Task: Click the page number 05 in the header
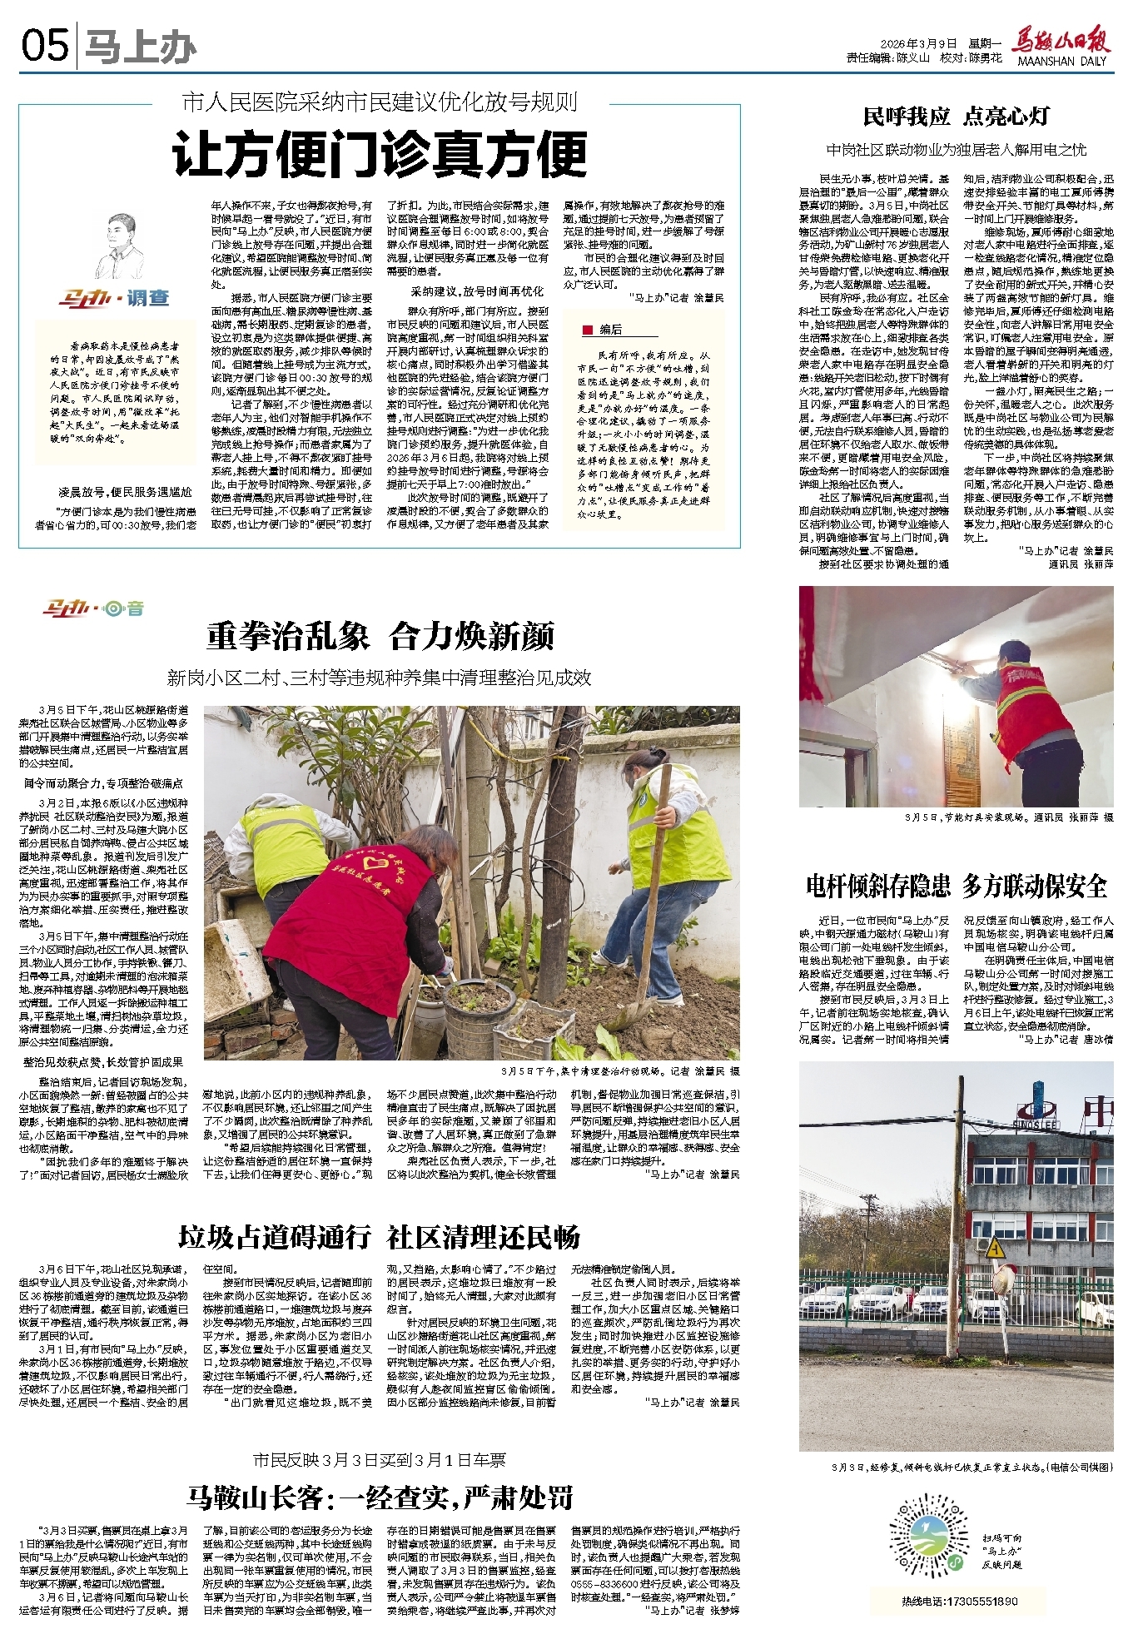pyautogui.click(x=45, y=47)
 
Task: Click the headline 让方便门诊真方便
pyautogui.click(x=380, y=155)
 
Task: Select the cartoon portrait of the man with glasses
pyautogui.click(x=117, y=247)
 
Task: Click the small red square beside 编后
pyautogui.click(x=588, y=330)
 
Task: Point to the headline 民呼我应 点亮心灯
pyautogui.click(x=956, y=117)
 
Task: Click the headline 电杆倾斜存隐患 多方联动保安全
pyautogui.click(x=956, y=886)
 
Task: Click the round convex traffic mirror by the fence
pyautogui.click(x=1006, y=1281)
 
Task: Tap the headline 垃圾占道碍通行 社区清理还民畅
pyautogui.click(x=380, y=1237)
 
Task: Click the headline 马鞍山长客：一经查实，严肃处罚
pyautogui.click(x=380, y=1497)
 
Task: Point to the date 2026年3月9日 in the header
pyautogui.click(x=918, y=43)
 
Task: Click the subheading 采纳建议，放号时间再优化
pyautogui.click(x=476, y=291)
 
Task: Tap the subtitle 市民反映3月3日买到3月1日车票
pyautogui.click(x=380, y=1460)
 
